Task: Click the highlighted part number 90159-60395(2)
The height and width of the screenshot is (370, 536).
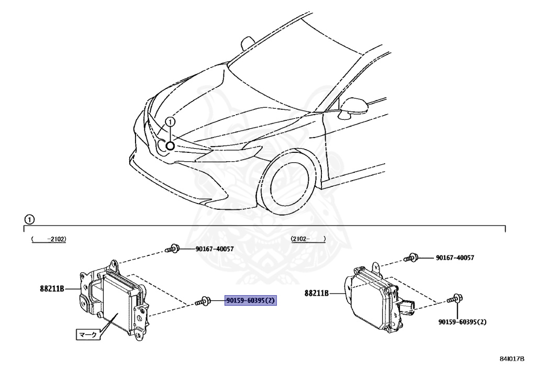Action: coord(251,301)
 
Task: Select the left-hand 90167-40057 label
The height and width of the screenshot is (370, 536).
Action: coord(207,249)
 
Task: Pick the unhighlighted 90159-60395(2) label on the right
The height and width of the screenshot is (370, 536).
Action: coord(462,322)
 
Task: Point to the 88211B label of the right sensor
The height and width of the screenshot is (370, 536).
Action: coord(317,294)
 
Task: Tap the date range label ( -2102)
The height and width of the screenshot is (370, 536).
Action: coord(48,239)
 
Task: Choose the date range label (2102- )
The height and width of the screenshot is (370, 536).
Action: coord(308,239)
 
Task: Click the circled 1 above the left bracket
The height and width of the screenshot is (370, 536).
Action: coord(29,219)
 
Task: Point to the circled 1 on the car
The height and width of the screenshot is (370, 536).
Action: coord(170,122)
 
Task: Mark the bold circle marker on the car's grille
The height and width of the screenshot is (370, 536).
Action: coord(170,145)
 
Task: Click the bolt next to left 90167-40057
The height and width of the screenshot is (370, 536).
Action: coord(173,249)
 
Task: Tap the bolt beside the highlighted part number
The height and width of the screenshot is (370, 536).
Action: coord(203,301)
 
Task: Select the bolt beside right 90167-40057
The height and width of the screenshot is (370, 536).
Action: coord(411,257)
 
